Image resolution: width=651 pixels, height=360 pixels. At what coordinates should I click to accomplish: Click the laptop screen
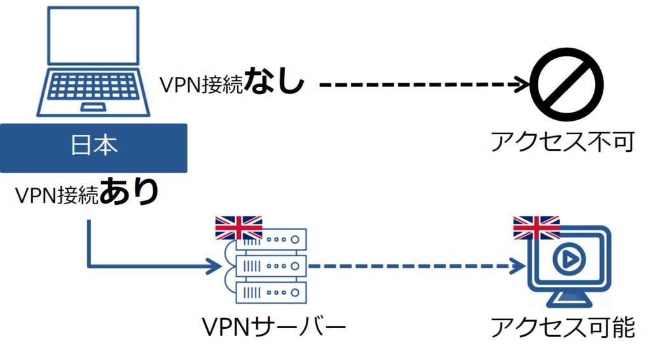tap(94, 38)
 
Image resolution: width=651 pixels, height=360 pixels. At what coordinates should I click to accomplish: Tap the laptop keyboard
tap(94, 85)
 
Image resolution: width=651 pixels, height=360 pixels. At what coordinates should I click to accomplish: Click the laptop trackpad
tap(94, 105)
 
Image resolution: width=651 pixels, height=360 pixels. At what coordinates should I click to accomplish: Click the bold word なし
tap(274, 83)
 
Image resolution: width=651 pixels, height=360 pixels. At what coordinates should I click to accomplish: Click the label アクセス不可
tap(562, 142)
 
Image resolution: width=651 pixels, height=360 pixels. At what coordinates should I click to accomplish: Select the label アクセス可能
tap(562, 327)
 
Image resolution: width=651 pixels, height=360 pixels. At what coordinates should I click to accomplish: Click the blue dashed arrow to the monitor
tap(413, 266)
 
